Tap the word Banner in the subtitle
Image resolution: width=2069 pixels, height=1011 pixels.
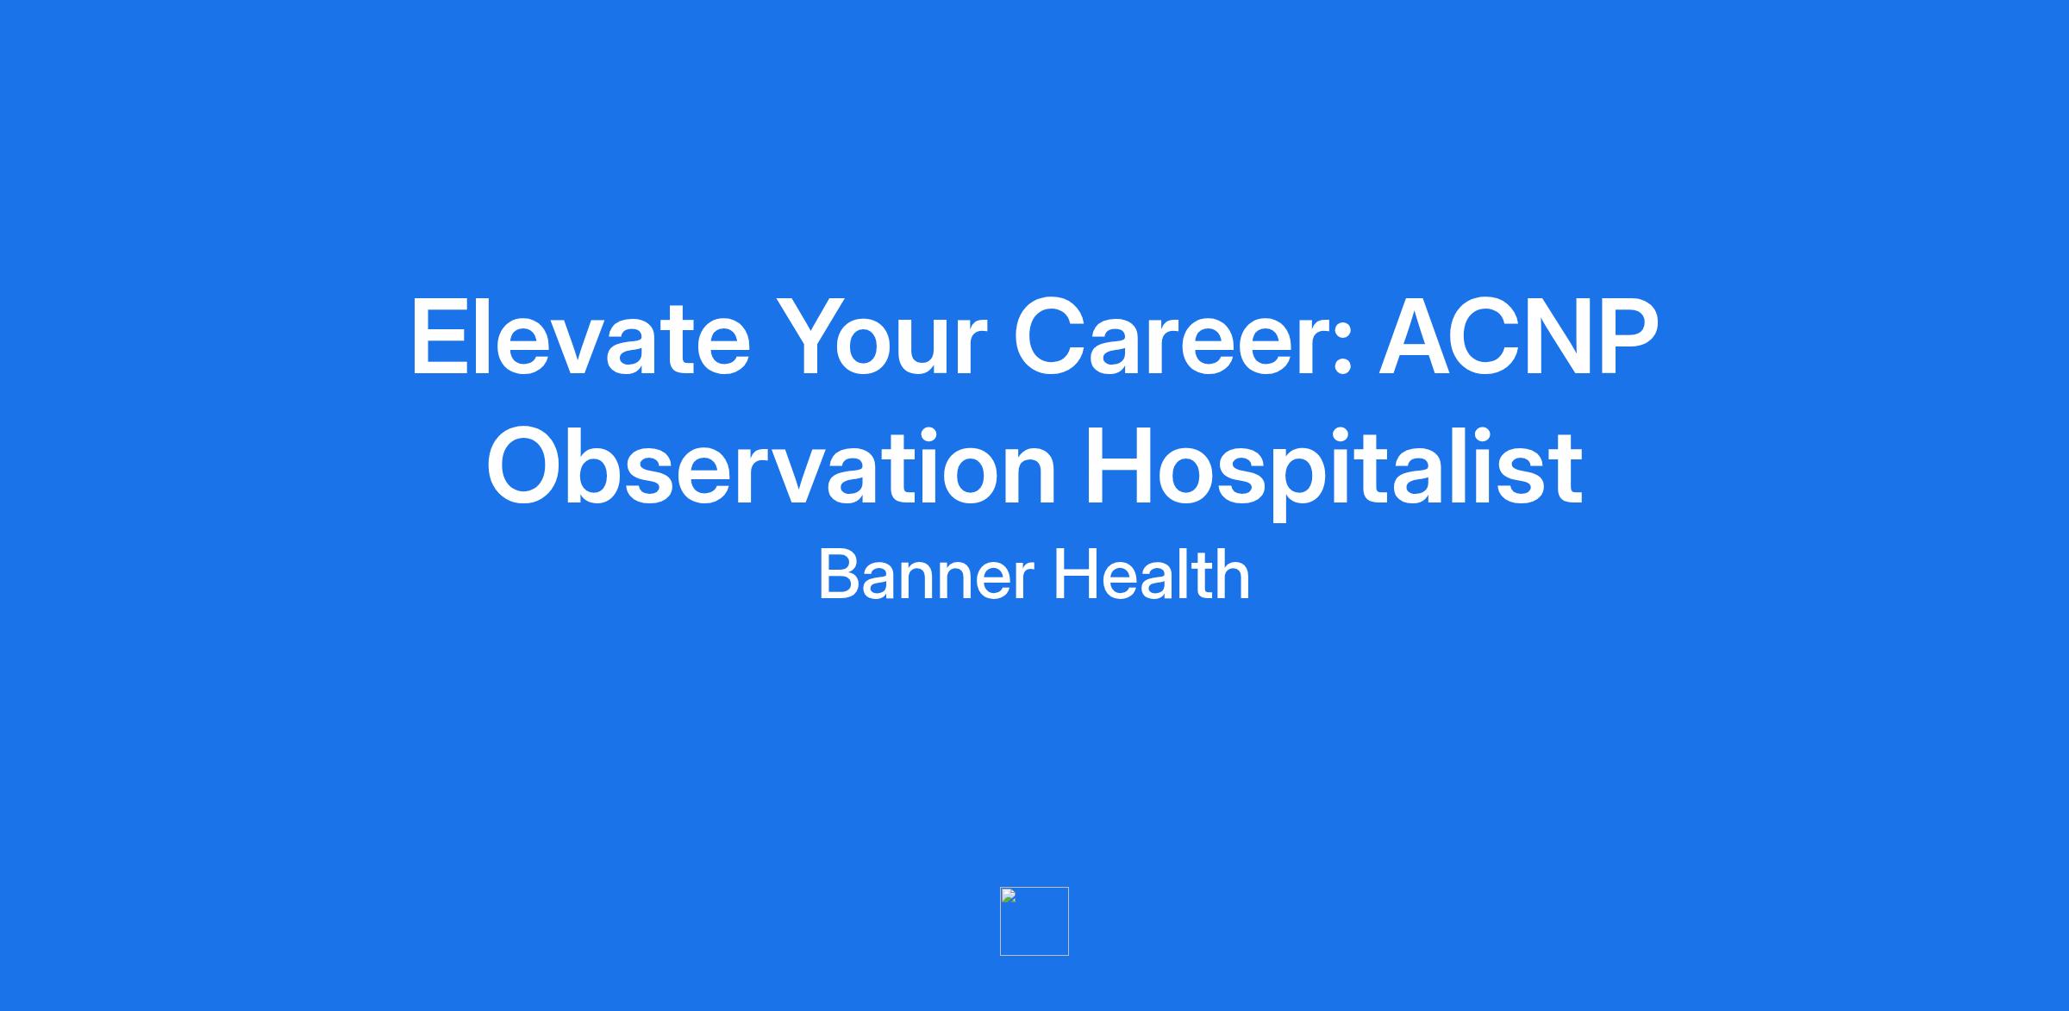(x=926, y=575)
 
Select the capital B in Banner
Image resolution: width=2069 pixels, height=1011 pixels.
(x=838, y=575)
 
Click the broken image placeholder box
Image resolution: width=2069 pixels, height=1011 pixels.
(x=1034, y=921)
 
